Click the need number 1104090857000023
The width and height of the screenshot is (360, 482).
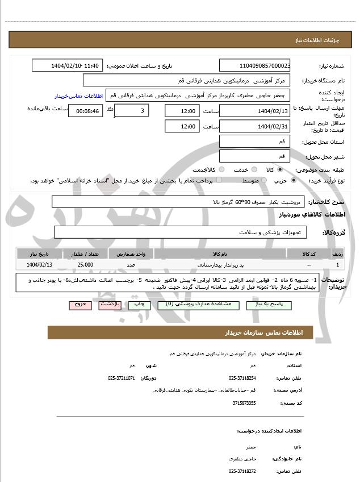point(255,66)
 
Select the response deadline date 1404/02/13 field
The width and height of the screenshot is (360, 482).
point(255,111)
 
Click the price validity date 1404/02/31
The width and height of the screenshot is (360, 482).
point(255,127)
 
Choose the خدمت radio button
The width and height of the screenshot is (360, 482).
point(253,169)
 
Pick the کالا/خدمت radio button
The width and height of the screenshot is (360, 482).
point(221,169)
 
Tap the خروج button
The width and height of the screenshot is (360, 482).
point(80,305)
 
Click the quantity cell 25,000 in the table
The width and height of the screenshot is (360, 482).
point(86,265)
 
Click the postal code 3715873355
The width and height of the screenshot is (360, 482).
point(244,403)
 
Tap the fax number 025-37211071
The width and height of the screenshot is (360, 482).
point(122,378)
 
